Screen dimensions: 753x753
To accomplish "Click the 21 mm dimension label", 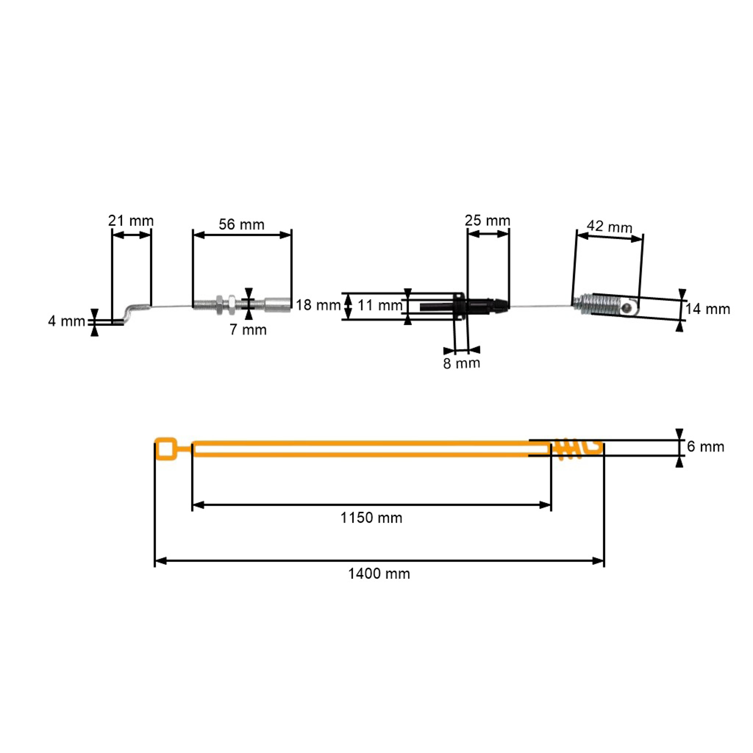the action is coord(131,221).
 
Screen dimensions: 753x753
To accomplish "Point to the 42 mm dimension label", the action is coord(610,226).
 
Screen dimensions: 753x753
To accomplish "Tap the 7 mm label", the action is coord(248,330).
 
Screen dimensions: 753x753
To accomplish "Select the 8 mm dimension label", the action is coord(462,363).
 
